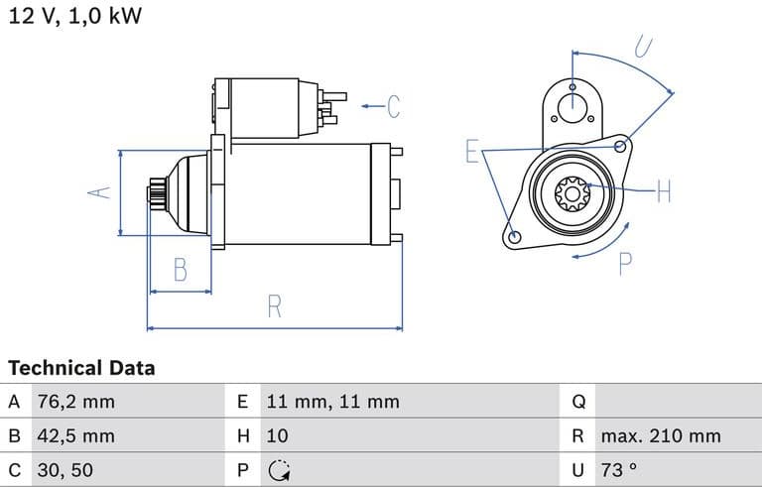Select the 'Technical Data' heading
(81, 368)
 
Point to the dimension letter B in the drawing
(181, 269)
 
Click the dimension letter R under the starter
(275, 306)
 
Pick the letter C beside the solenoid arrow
(393, 105)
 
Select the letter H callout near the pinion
(664, 190)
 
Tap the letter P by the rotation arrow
(626, 264)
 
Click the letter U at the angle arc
(644, 47)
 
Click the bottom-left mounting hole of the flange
(514, 237)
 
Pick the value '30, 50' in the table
(66, 469)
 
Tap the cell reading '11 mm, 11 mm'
(332, 402)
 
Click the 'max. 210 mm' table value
(661, 435)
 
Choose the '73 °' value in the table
(618, 469)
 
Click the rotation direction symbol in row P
(279, 469)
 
